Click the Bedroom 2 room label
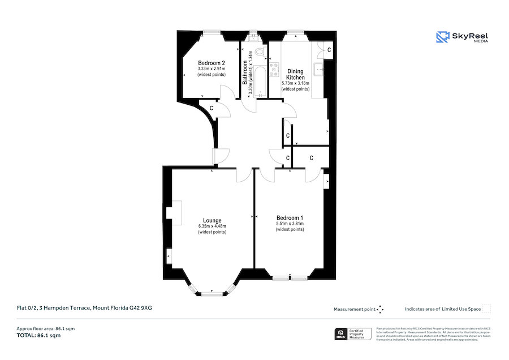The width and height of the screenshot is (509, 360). pyautogui.click(x=212, y=63)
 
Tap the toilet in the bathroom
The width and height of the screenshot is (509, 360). pyautogui.click(x=260, y=52)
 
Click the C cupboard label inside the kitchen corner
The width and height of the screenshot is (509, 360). pyautogui.click(x=329, y=52)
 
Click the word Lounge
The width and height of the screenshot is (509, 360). pyautogui.click(x=212, y=220)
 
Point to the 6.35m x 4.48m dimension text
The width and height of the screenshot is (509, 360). pyautogui.click(x=212, y=226)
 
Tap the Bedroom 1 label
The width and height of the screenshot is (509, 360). pyautogui.click(x=290, y=217)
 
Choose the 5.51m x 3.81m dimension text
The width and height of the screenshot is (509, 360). pyautogui.click(x=290, y=224)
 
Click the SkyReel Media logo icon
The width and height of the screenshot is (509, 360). pyautogui.click(x=442, y=37)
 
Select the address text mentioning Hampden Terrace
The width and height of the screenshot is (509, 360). pyautogui.click(x=84, y=308)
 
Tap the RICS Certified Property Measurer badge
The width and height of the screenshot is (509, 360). pyautogui.click(x=354, y=334)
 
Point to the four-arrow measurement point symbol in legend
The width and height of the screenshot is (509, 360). pyautogui.click(x=380, y=309)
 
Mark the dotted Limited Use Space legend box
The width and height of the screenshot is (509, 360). pyautogui.click(x=486, y=308)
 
